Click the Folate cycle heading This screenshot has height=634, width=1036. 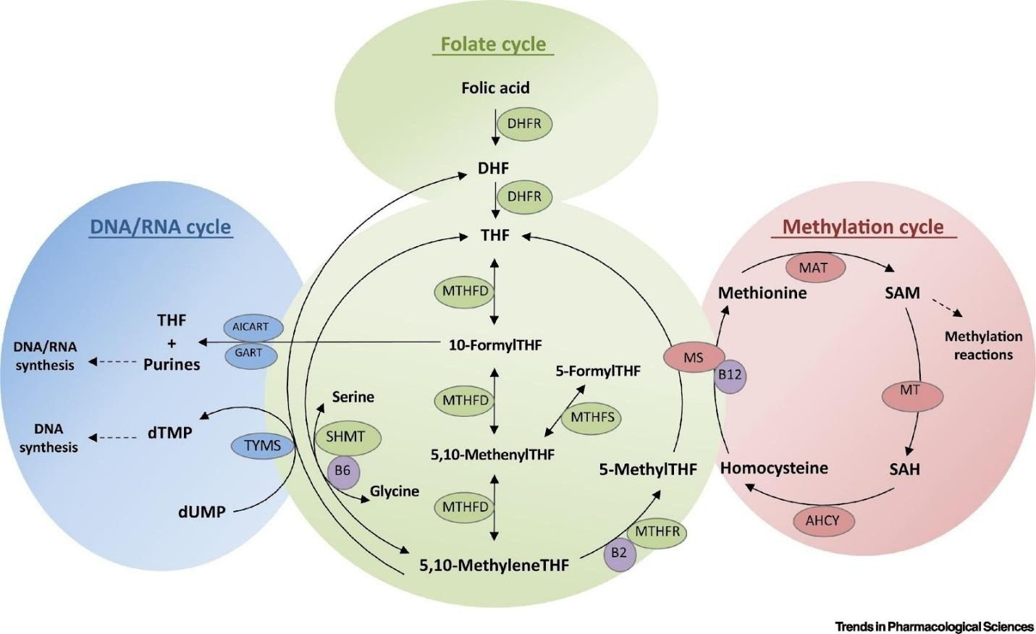coord(494,44)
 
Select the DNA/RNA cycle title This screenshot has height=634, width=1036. coord(160,227)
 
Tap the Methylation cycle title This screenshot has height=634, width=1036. coord(863,227)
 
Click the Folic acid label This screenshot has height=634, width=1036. coord(495,88)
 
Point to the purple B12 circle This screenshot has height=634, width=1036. coord(730,376)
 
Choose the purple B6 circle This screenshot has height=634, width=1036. coord(342,470)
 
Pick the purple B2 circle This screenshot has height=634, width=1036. coord(618,553)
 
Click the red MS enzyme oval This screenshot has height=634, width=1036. coord(694,358)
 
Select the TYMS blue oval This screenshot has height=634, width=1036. coord(262,445)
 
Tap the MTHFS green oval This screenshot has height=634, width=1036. coord(591,418)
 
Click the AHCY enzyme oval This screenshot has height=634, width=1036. coord(822,520)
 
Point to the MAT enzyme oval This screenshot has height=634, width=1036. coord(813,268)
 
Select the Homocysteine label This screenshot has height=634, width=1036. coord(774,468)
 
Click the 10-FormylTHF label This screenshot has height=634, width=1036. coord(495,345)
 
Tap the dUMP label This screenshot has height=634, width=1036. coord(202,512)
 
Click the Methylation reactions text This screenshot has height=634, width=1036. coord(983,345)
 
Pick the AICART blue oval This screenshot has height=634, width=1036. coord(250,327)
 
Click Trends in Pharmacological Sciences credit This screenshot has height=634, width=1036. coord(934,626)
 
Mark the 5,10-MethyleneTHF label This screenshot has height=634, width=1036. coord(494,565)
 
